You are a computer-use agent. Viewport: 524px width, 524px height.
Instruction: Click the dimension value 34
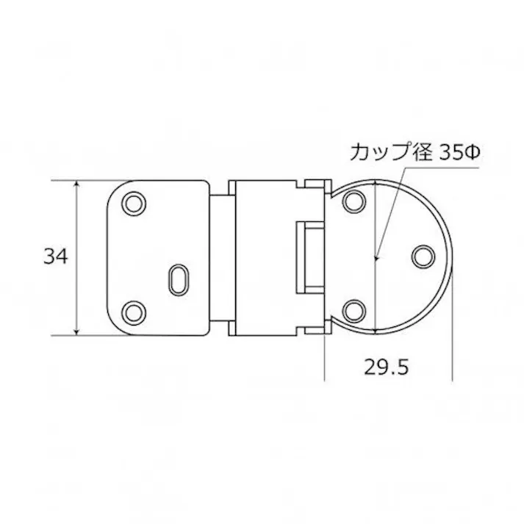point(55,256)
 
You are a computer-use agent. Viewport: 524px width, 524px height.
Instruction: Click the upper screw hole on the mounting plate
point(134,203)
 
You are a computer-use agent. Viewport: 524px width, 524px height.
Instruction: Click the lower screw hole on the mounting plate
point(134,312)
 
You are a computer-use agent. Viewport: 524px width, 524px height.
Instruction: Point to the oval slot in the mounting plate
point(179,279)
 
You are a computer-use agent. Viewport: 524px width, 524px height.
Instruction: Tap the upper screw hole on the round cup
point(354,202)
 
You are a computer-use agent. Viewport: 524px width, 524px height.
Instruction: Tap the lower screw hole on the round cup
point(354,311)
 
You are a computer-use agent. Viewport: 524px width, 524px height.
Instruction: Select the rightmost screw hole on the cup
point(423,256)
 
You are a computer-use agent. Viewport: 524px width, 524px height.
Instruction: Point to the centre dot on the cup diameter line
point(376,258)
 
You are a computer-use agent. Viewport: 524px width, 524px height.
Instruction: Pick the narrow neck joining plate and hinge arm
point(219,256)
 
